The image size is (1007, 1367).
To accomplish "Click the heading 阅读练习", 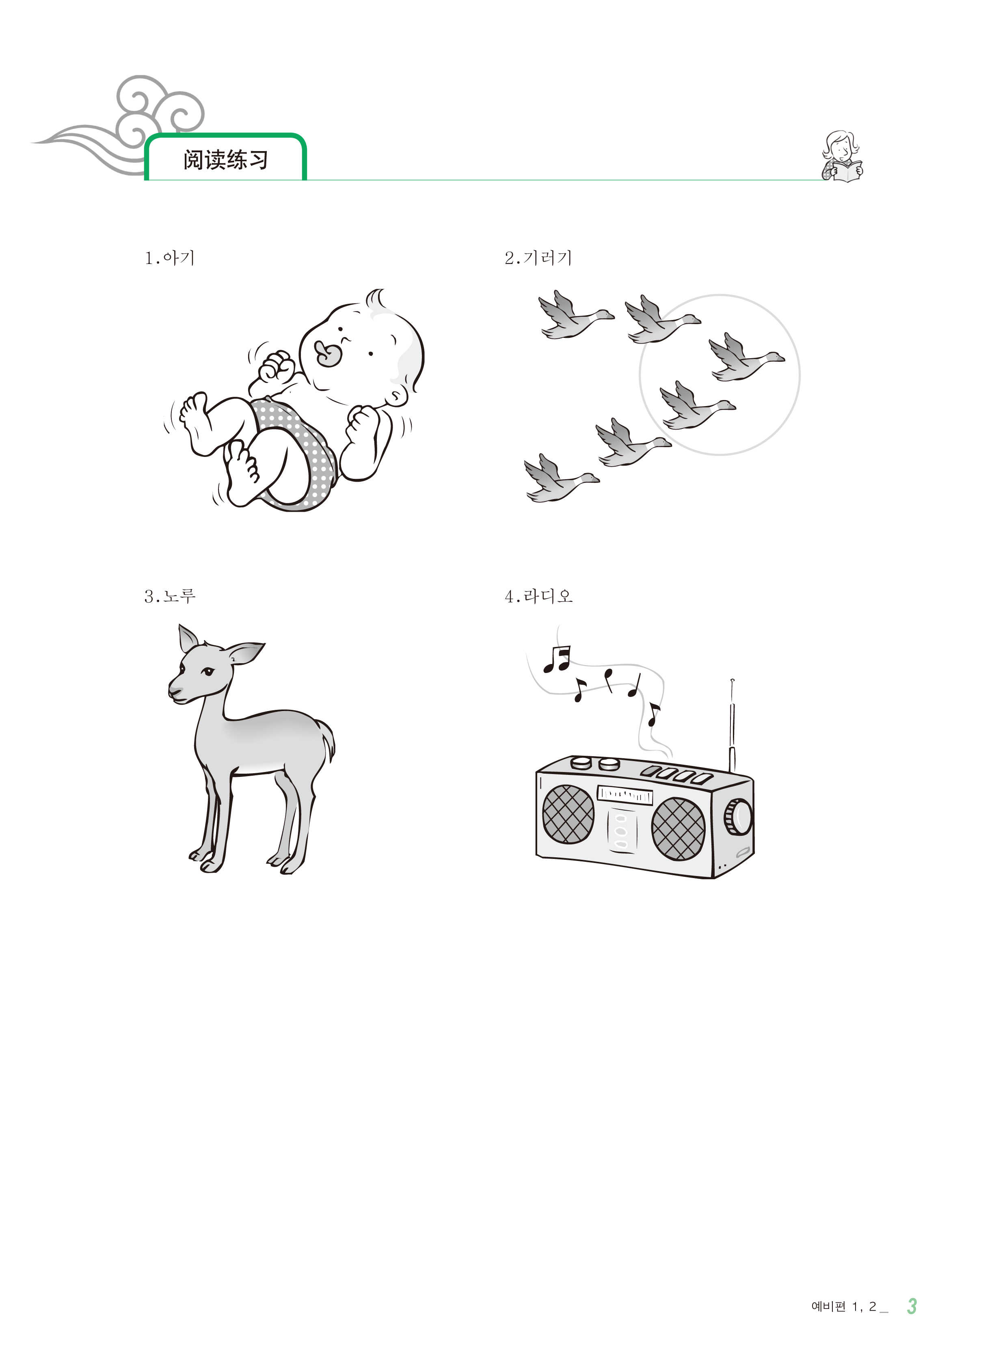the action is click(x=225, y=160).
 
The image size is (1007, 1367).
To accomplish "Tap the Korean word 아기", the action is click(x=179, y=258).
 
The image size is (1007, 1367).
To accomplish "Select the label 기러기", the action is click(x=547, y=258).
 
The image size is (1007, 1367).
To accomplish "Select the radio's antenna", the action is click(x=732, y=726).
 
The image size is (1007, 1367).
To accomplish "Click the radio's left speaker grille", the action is click(x=568, y=814).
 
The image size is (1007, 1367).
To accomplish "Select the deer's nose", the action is click(x=173, y=692).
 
